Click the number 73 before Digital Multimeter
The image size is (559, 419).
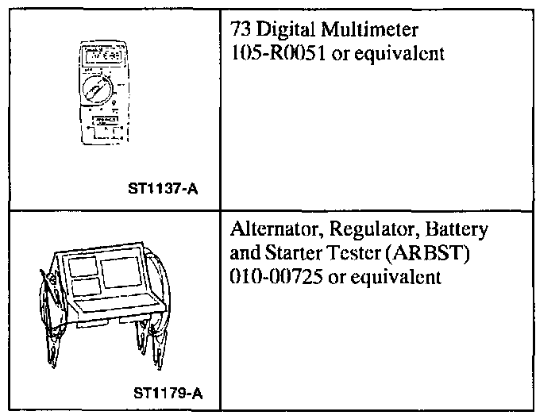click(238, 31)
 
